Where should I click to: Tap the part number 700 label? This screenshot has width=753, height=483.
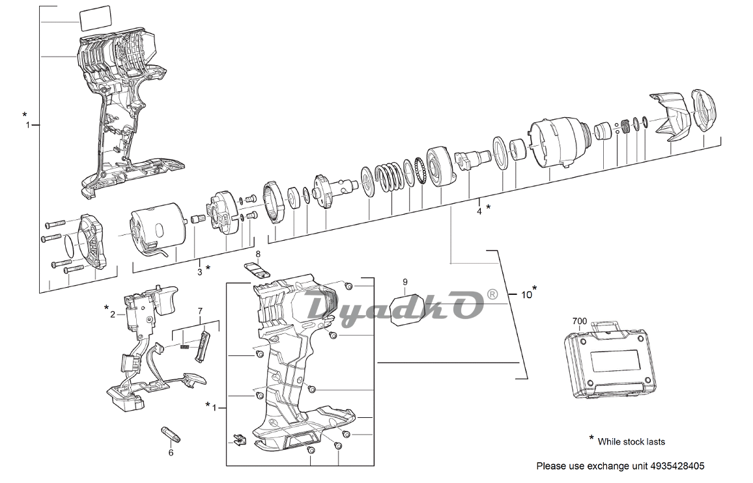tap(579, 321)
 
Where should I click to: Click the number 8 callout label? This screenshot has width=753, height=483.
tap(258, 253)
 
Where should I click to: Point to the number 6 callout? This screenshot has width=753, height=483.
tap(171, 452)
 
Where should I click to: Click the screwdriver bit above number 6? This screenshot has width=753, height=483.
tap(171, 434)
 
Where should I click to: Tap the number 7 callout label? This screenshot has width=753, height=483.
tap(200, 311)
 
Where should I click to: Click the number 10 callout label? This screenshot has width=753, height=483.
tap(527, 294)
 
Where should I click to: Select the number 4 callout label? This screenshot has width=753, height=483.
tap(479, 211)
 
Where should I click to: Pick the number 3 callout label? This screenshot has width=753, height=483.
tap(200, 271)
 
